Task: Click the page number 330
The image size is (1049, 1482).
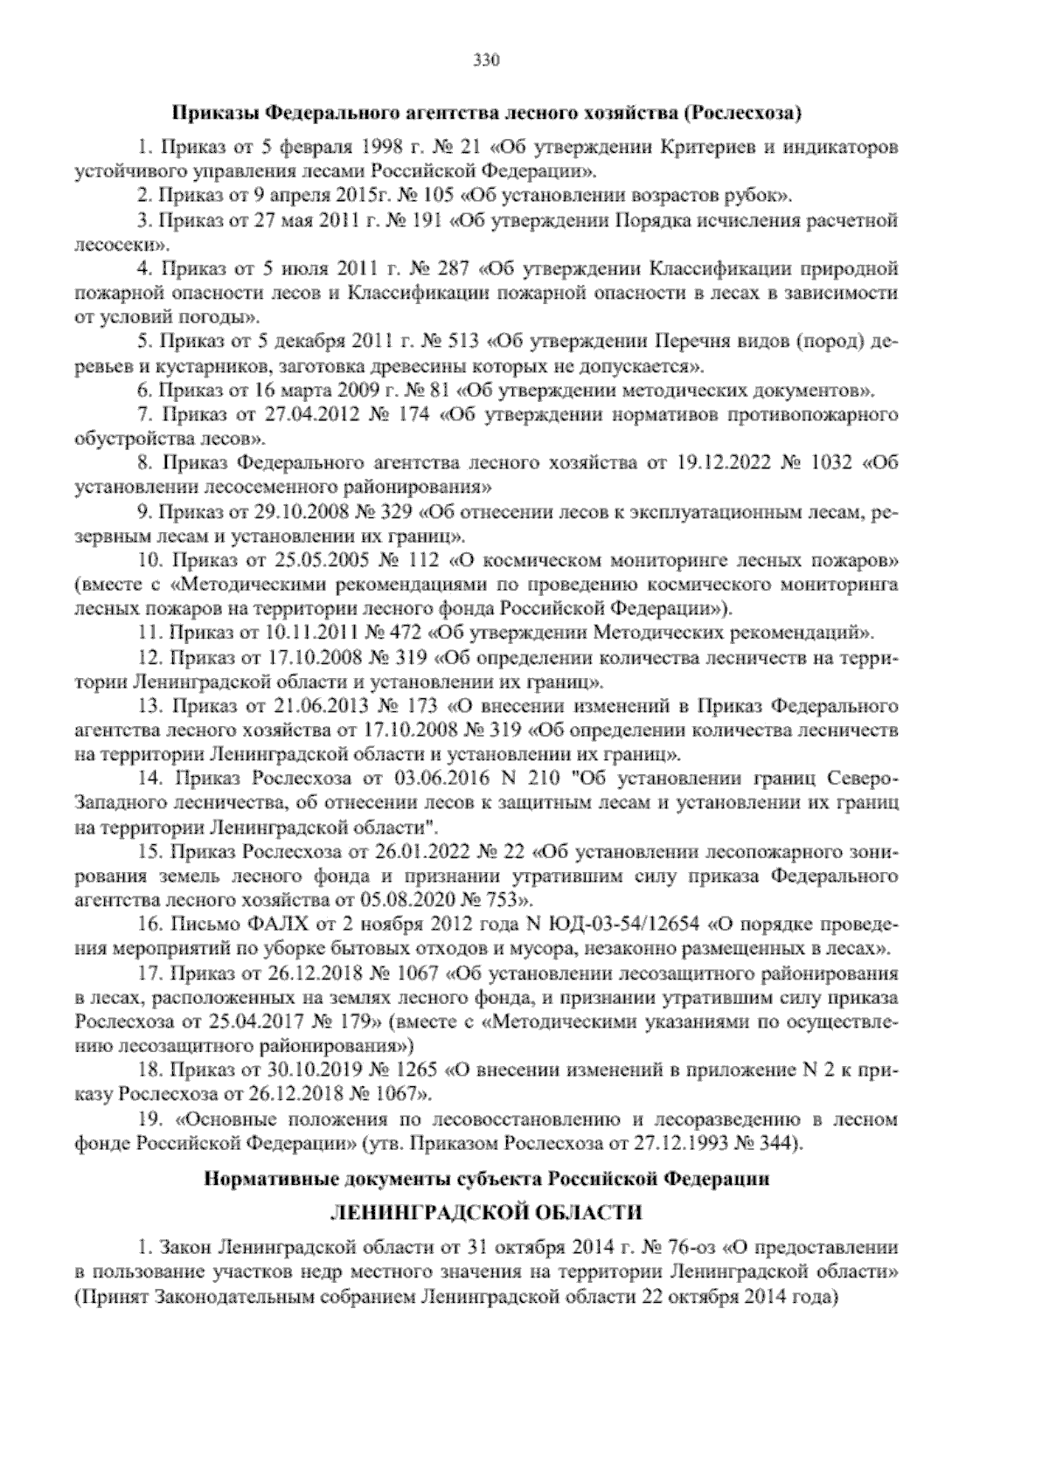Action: pos(485,60)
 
